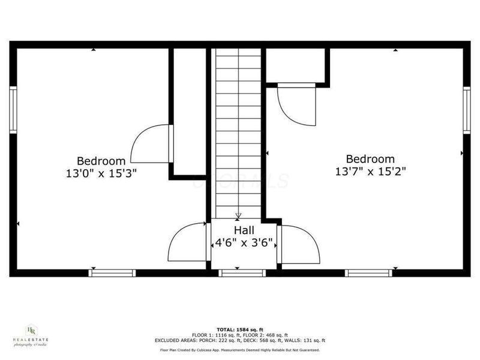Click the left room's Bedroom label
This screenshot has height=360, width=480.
pos(101,161)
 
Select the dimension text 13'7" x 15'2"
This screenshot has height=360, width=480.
pos(370,172)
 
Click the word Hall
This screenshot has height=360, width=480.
pos(244,230)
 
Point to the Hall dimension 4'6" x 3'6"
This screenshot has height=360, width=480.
pos(244,244)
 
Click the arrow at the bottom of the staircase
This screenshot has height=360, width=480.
pos(239,215)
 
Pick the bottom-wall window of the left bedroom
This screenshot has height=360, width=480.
pos(112,273)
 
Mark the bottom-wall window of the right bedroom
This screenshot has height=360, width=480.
pos(369,273)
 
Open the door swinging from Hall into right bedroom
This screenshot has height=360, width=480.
pos(298,244)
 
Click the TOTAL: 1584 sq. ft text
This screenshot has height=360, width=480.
pos(240,330)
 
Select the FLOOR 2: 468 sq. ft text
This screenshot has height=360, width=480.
pos(266,335)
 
